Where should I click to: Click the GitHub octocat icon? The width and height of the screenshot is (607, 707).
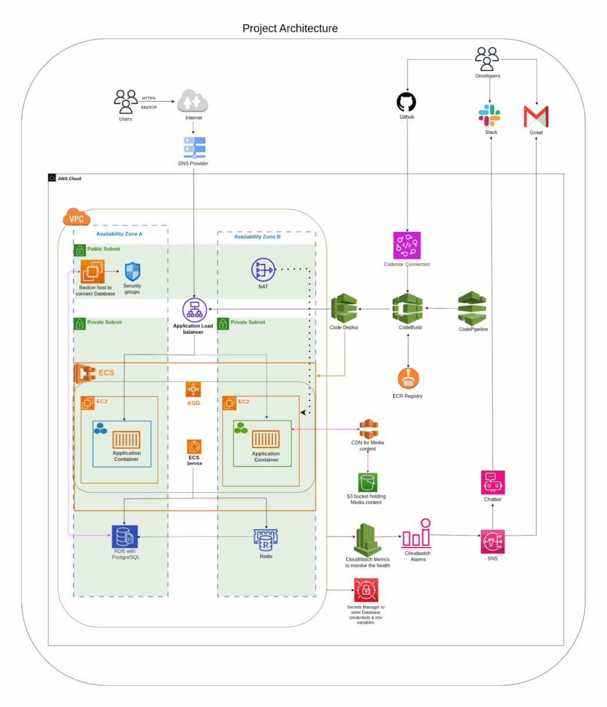point(407,101)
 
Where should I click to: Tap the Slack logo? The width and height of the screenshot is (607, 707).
point(489,115)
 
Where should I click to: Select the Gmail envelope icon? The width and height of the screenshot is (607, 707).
point(536,117)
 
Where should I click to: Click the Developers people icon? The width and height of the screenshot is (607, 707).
point(487,58)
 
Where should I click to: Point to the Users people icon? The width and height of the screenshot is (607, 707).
point(126,101)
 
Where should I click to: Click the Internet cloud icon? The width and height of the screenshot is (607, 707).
point(193,101)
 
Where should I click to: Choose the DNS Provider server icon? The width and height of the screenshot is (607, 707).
point(194,147)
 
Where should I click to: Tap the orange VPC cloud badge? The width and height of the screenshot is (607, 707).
point(77,217)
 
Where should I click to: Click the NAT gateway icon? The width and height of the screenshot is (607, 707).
point(263,270)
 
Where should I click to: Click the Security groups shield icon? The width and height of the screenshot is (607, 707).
point(132,272)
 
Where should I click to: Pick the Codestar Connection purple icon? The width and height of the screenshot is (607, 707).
point(407,245)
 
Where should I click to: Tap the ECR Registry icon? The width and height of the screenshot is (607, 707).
point(408,379)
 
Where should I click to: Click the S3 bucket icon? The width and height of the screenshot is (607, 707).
point(368,482)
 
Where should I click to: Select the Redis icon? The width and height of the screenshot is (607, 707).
point(266,539)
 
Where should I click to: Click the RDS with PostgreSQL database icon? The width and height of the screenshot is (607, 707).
point(125,536)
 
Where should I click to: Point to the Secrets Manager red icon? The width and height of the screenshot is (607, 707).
point(366,590)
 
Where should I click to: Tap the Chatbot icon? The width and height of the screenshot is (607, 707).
point(492,482)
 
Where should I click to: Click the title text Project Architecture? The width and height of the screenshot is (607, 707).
point(290,28)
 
